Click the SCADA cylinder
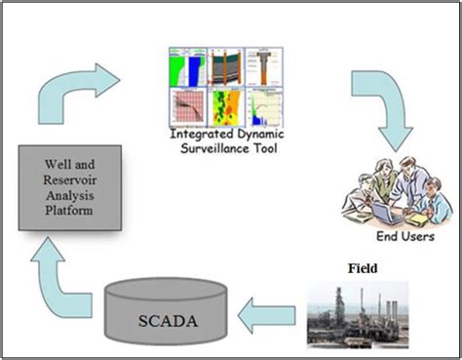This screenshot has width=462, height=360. [173, 315]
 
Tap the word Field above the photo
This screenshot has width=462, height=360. [363, 264]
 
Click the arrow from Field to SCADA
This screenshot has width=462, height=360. [266, 314]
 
